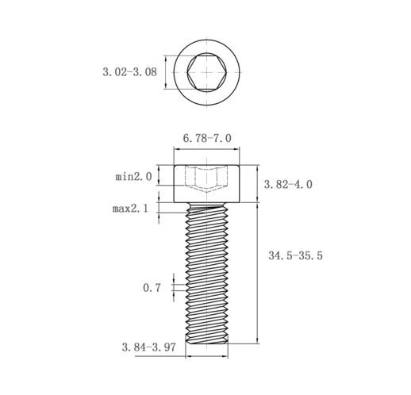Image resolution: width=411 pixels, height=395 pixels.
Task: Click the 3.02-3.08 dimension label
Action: [129, 72]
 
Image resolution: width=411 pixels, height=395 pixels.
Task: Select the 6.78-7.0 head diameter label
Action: [207, 138]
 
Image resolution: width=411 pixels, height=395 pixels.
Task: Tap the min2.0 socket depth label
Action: [133, 176]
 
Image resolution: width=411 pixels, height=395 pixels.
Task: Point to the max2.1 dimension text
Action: [130, 209]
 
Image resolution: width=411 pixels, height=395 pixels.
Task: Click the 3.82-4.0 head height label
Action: [288, 184]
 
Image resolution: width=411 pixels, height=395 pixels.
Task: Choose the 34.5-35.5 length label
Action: [295, 255]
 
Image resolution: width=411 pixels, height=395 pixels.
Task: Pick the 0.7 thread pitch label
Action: [152, 288]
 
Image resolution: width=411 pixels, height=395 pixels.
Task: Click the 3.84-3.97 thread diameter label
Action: [148, 347]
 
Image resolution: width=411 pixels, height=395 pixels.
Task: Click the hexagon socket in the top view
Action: [206, 72]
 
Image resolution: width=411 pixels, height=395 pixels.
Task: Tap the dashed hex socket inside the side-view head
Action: [206, 178]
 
